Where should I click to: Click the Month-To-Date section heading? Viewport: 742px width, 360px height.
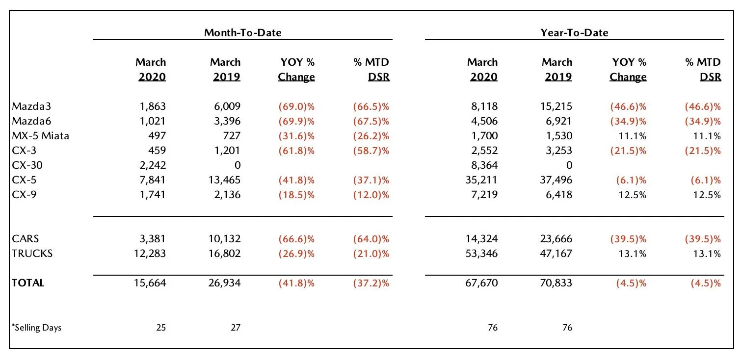point(243,32)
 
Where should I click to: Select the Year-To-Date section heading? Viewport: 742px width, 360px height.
point(574,32)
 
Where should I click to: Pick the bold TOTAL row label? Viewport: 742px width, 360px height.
point(27,283)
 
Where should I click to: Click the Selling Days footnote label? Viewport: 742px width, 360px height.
point(37,328)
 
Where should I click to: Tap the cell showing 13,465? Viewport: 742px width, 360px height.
point(223,180)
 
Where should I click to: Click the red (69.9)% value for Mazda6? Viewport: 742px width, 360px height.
point(296,121)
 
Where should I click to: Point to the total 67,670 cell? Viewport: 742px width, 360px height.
point(481,283)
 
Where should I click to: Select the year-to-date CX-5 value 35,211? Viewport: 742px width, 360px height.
point(481,180)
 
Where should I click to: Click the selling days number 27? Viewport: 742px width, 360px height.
point(236,328)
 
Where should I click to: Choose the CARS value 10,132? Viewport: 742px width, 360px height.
point(223,239)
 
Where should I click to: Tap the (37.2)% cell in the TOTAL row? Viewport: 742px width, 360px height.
point(371,283)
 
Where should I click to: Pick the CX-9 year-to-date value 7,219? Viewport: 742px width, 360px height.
point(483,195)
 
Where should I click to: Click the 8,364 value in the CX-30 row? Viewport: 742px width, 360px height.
point(483,165)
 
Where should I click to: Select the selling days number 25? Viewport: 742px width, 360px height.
point(161,328)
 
